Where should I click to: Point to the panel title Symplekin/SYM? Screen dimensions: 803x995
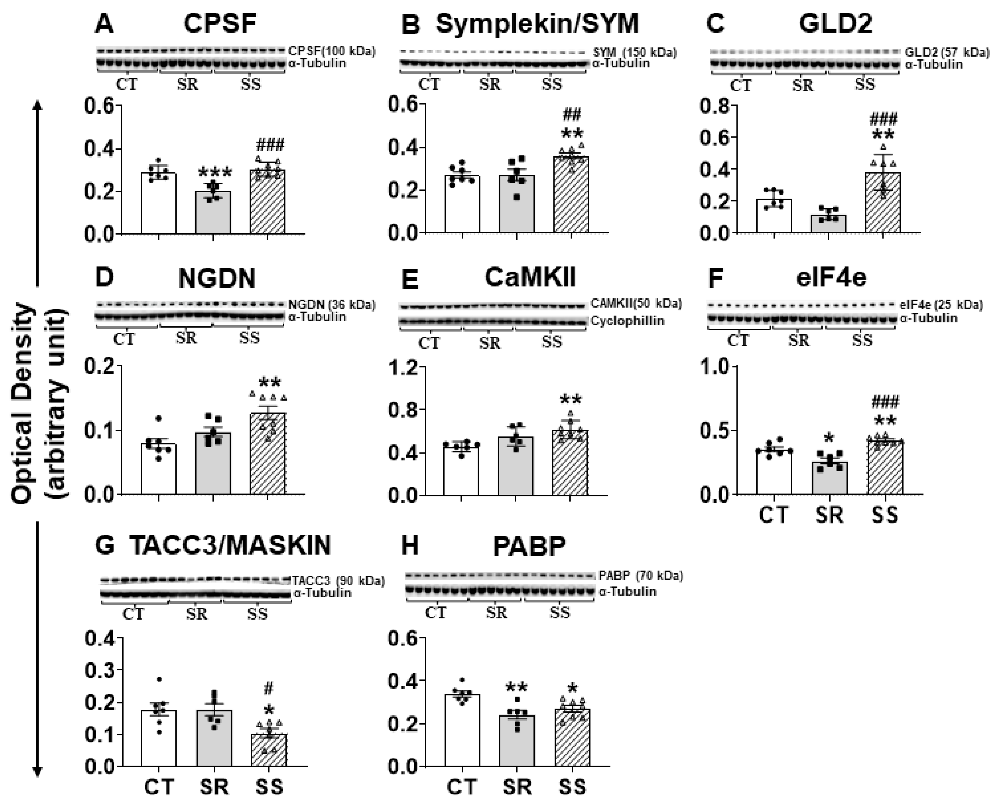tap(537, 24)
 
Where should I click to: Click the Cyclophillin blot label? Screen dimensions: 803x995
tap(627, 321)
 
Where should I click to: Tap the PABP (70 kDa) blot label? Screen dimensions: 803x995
tap(640, 575)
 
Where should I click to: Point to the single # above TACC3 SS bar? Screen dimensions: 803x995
tap(269, 689)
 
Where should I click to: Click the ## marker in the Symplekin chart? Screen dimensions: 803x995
tap(572, 114)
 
